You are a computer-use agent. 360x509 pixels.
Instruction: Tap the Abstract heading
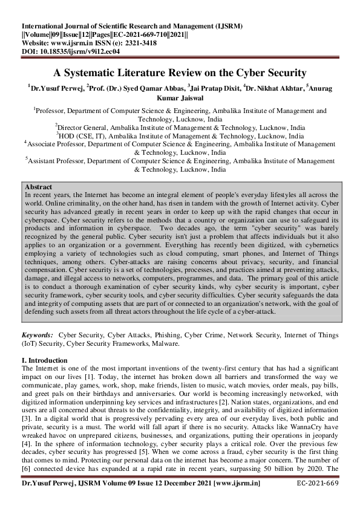[x=38, y=187]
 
